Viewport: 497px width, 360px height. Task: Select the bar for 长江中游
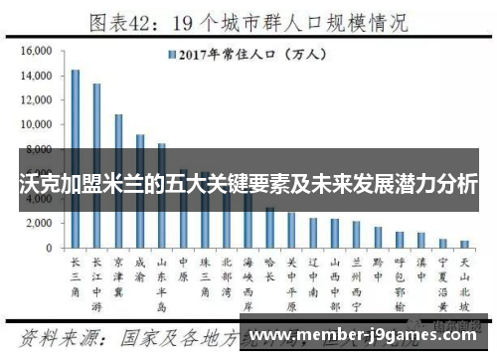click(x=96, y=165)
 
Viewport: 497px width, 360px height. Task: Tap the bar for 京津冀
click(x=118, y=180)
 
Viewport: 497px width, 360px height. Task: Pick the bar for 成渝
click(x=140, y=190)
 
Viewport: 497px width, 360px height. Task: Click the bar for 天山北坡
click(x=464, y=243)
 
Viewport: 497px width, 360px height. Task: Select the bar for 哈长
click(x=269, y=227)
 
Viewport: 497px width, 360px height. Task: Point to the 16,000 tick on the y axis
click(x=35, y=51)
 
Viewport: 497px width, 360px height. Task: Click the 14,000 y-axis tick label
click(x=35, y=76)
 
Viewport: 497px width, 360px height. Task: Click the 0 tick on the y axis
click(x=47, y=248)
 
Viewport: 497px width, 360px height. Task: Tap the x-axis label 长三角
click(x=75, y=275)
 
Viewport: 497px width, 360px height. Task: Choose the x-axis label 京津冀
click(x=118, y=275)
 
